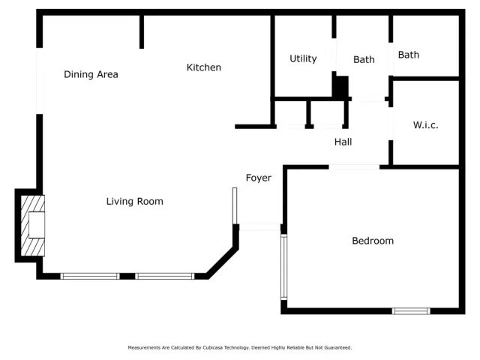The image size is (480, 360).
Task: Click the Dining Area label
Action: pyautogui.click(x=91, y=74)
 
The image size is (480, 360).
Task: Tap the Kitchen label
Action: pyautogui.click(x=204, y=67)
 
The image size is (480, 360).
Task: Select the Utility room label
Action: pyautogui.click(x=303, y=58)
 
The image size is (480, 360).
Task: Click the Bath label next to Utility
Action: pyautogui.click(x=364, y=59)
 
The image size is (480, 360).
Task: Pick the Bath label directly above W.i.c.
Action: pyautogui.click(x=409, y=55)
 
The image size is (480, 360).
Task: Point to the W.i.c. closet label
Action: pyautogui.click(x=425, y=125)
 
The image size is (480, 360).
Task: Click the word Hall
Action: pyautogui.click(x=343, y=141)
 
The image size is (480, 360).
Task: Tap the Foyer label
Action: pyautogui.click(x=259, y=178)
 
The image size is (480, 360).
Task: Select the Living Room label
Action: pyautogui.click(x=134, y=201)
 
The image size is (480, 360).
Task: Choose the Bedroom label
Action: pyautogui.click(x=373, y=241)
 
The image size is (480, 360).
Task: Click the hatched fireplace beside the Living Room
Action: pyautogui.click(x=32, y=226)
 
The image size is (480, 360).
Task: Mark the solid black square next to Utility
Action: pyautogui.click(x=340, y=86)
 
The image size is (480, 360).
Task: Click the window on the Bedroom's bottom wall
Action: pyautogui.click(x=411, y=310)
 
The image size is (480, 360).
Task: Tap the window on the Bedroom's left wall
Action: pyautogui.click(x=283, y=267)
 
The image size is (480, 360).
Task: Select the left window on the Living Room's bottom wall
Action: pyautogui.click(x=89, y=276)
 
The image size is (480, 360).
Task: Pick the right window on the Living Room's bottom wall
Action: pyautogui.click(x=165, y=276)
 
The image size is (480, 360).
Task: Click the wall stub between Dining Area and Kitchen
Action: pyautogui.click(x=141, y=31)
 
